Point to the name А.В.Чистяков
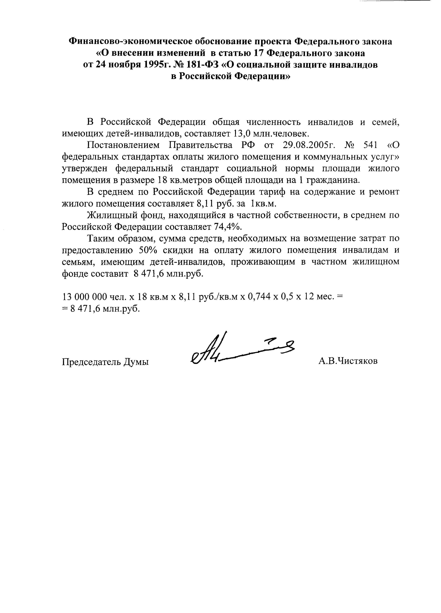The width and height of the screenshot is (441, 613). coord(348,361)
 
